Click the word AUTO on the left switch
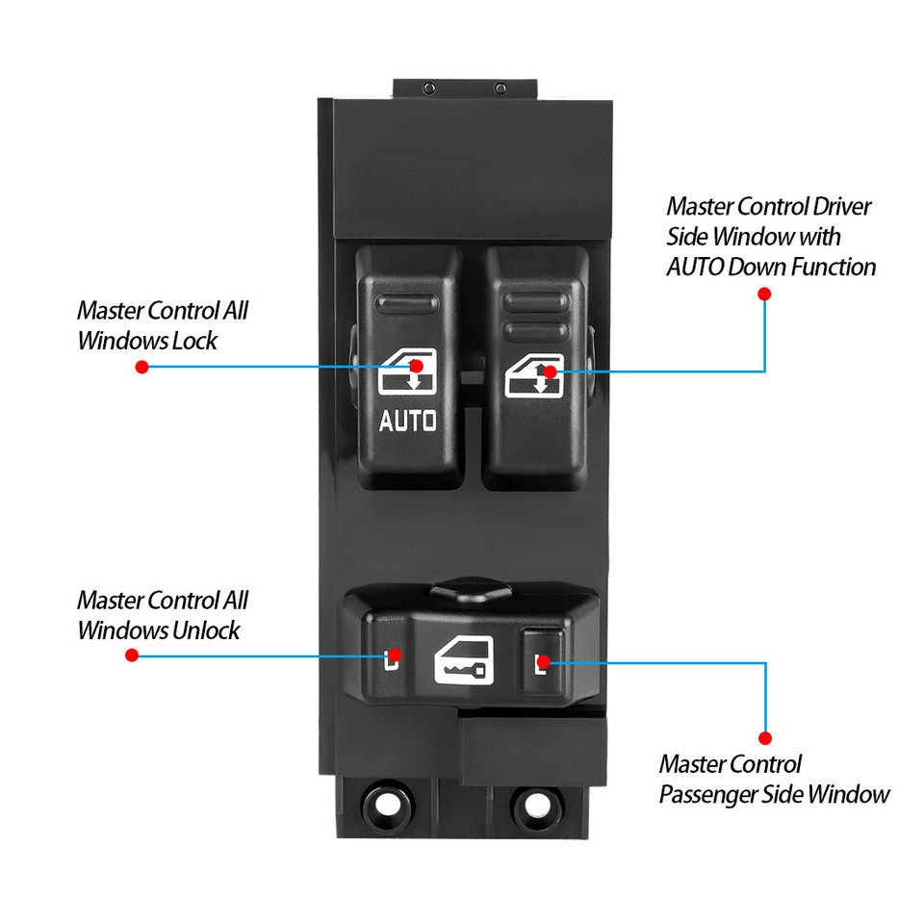tap(407, 421)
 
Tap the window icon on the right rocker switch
tap(532, 376)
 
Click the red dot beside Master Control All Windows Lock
tap(142, 367)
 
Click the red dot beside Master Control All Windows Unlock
tap(132, 655)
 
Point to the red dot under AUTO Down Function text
tap(765, 295)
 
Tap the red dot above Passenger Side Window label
tap(765, 738)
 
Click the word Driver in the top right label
tap(839, 207)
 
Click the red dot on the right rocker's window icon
tap(550, 371)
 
